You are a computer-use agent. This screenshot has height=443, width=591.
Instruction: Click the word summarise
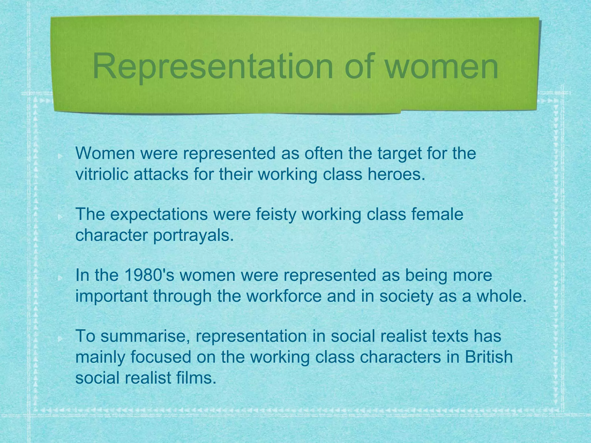(146, 336)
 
